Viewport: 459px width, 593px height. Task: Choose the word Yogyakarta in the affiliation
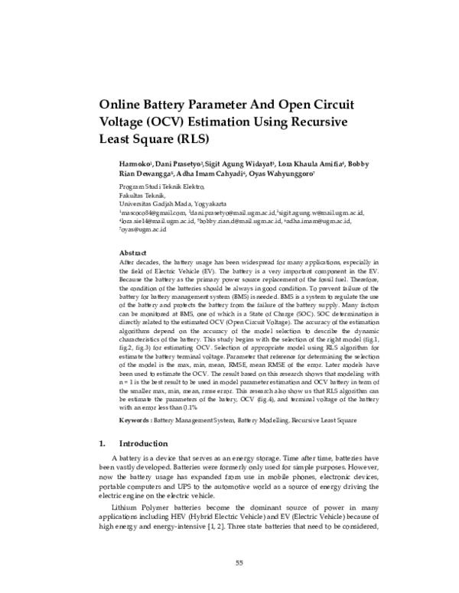click(x=203, y=204)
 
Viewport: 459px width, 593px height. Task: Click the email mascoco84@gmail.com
click(x=157, y=212)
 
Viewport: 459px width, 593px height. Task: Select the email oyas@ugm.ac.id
click(x=143, y=229)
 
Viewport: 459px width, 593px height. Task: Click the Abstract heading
click(x=133, y=252)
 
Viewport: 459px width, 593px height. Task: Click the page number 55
click(x=239, y=564)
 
